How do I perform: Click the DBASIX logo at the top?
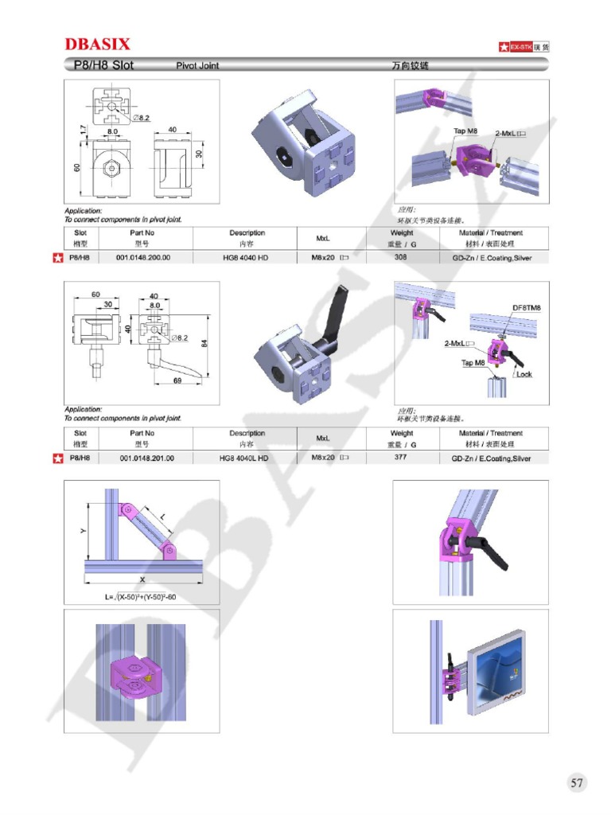[x=97, y=44]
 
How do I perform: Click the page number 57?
[x=577, y=783]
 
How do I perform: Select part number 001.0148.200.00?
[x=143, y=258]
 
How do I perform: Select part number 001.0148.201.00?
[x=146, y=458]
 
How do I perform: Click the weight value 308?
[x=401, y=258]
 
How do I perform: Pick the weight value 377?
[x=401, y=458]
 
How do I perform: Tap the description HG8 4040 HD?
[x=247, y=258]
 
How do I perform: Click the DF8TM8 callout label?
[x=526, y=308]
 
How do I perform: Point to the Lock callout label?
[x=524, y=374]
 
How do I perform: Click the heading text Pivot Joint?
[x=197, y=65]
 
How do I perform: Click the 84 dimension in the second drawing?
[x=205, y=343]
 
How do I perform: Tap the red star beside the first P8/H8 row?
[x=56, y=258]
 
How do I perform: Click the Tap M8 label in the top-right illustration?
[x=465, y=131]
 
